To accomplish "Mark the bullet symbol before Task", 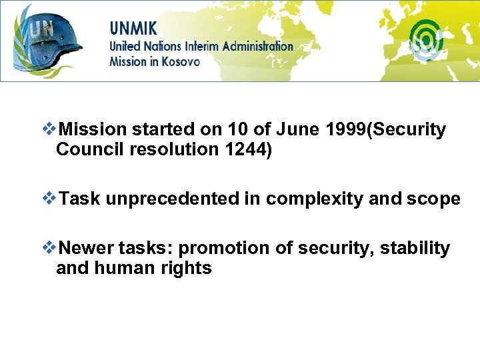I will pos(49,198).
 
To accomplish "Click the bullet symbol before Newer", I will pos(49,248).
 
